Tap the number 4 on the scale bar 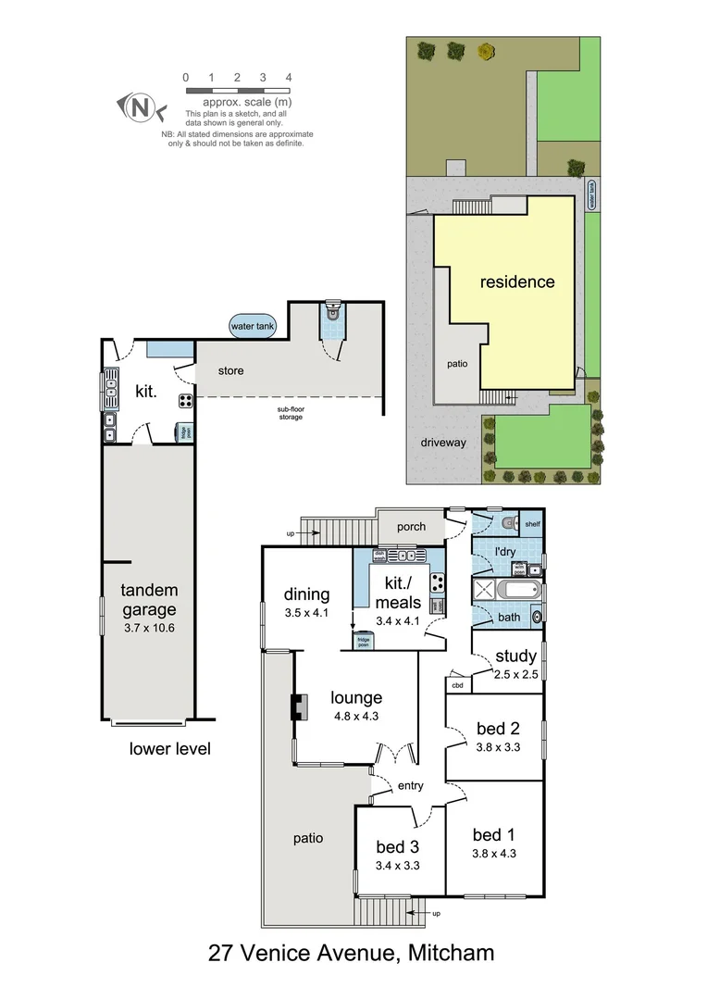[289, 78]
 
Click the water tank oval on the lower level [253, 326]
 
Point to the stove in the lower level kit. [185, 401]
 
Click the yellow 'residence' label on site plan [517, 281]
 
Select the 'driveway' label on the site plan [444, 443]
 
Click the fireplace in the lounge [298, 707]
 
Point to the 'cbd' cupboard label [457, 686]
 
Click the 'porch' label [411, 527]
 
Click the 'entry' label [410, 786]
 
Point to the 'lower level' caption [169, 748]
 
